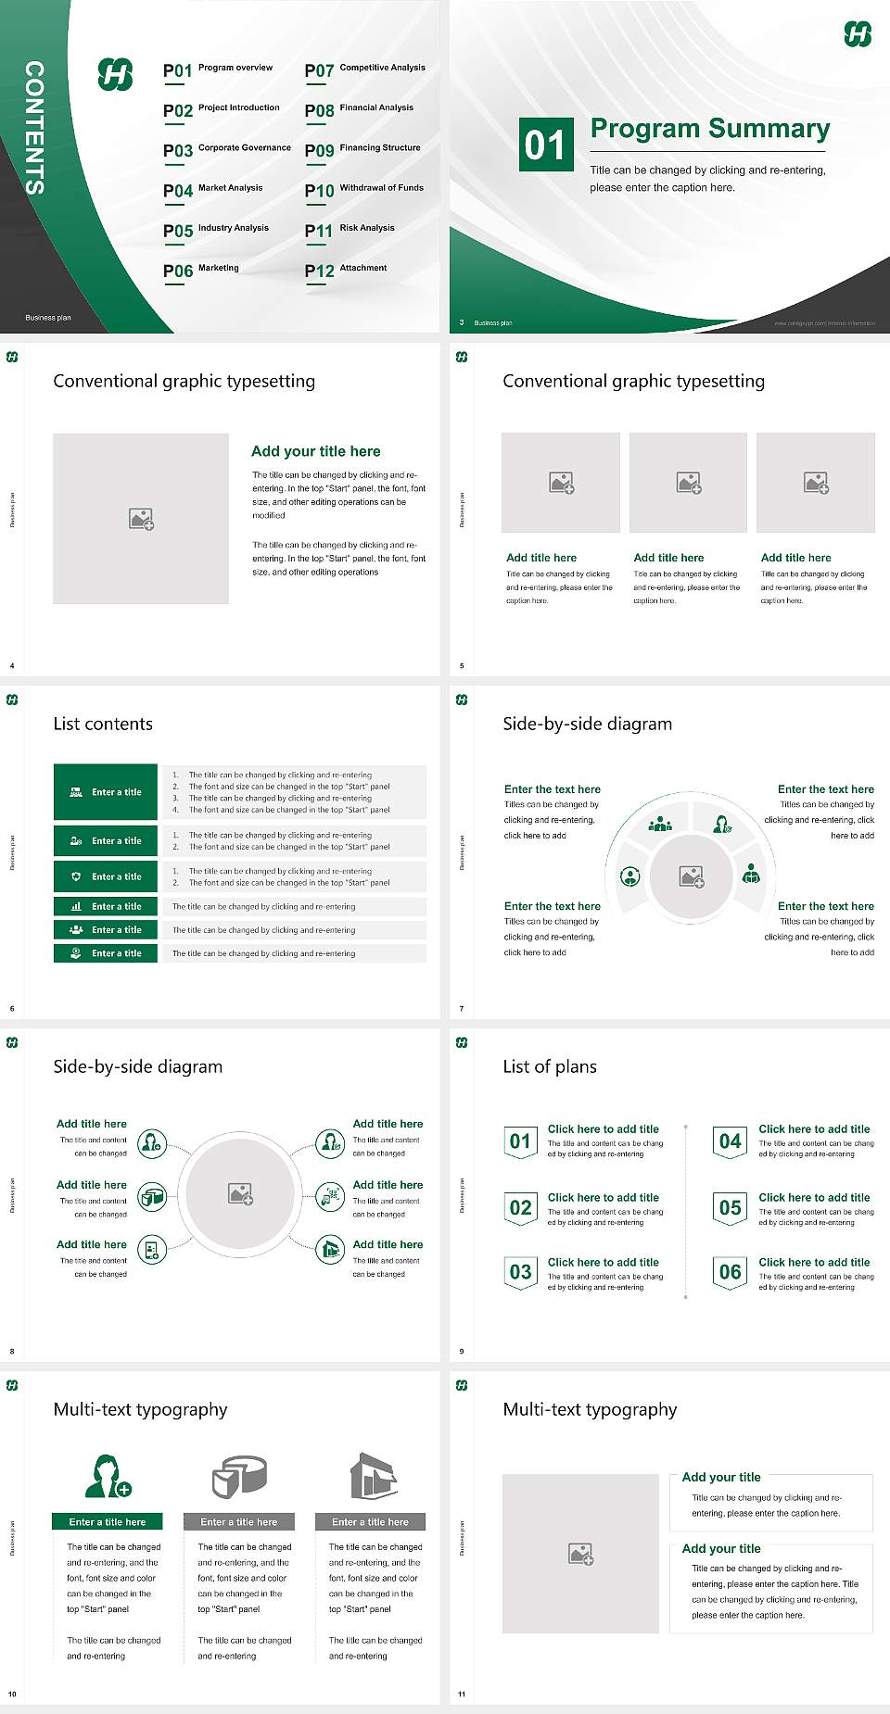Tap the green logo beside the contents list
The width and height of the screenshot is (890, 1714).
point(116,74)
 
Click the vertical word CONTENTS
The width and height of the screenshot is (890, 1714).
point(34,128)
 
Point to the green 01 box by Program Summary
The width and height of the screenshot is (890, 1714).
point(546,145)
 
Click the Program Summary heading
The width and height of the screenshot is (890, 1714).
point(709,129)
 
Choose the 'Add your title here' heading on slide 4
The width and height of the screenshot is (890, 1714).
point(315,451)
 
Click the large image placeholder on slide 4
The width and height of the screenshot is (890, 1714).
point(141,519)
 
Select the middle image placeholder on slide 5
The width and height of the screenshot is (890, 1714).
point(688,483)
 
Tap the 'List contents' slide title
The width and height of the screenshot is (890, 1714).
point(103,724)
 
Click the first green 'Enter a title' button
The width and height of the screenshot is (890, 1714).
point(106,792)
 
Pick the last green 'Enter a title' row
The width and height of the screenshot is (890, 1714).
point(106,953)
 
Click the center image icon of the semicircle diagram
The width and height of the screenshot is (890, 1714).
point(692,876)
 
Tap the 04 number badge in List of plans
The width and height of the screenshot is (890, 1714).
point(731,1141)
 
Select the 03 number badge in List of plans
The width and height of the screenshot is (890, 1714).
point(521,1272)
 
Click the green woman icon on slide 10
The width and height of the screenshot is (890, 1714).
point(107,1477)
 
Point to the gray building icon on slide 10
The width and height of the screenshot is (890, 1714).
point(374,1476)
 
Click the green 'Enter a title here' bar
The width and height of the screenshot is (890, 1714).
point(107,1522)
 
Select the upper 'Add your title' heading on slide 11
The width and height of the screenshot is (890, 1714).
point(721,1478)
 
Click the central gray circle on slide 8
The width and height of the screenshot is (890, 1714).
point(241,1193)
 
